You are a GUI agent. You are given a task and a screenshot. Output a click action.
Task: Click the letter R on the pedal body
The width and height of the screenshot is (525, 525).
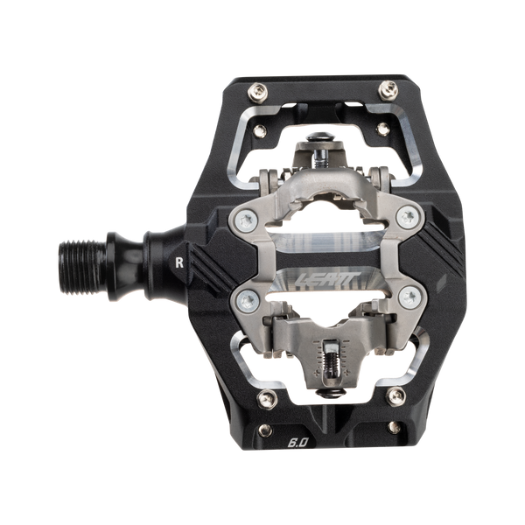coord(179,261)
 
